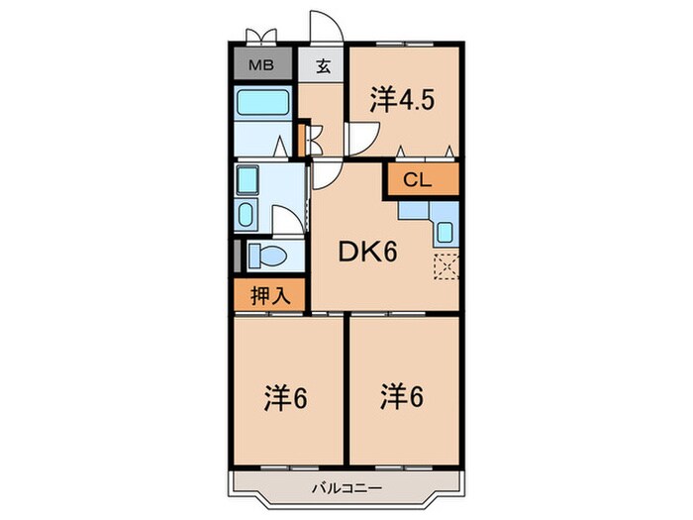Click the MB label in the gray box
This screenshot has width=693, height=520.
[x=261, y=65]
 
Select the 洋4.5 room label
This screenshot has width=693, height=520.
[x=402, y=100]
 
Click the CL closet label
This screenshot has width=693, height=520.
[x=417, y=180]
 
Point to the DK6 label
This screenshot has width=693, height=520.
[x=367, y=252]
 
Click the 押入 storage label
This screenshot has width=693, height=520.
[x=270, y=295]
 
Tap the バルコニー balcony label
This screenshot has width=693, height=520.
[x=346, y=488]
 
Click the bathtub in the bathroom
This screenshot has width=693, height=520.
[x=263, y=102]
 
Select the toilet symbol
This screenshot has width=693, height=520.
[x=266, y=256]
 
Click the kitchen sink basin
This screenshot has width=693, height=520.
[x=445, y=231]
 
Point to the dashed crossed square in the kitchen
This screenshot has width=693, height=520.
[x=445, y=266]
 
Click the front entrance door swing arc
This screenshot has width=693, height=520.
[x=327, y=28]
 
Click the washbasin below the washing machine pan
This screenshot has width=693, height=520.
[x=246, y=213]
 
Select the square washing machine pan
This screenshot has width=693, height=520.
[x=247, y=180]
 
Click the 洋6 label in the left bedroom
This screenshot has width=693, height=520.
[x=286, y=398]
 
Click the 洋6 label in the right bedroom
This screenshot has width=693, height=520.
[x=402, y=396]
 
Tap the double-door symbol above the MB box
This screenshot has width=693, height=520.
[x=261, y=38]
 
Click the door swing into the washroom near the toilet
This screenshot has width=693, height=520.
[x=288, y=220]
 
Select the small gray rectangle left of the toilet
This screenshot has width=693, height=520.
[x=237, y=256]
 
